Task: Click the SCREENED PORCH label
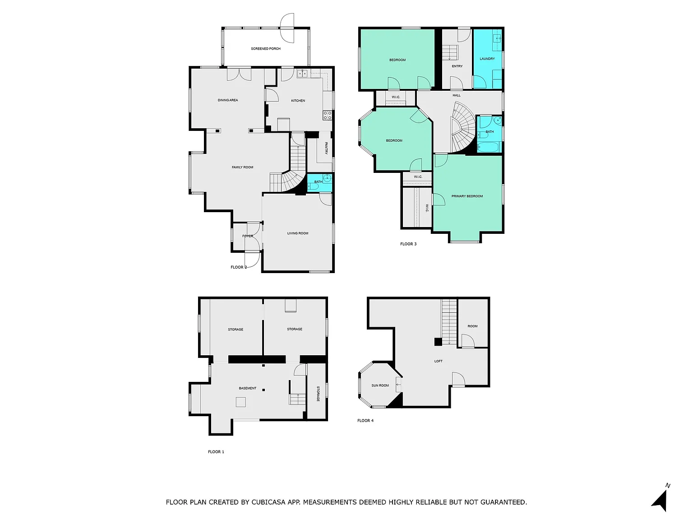(x=266, y=49)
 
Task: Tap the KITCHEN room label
(x=298, y=101)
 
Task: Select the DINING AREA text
(x=228, y=100)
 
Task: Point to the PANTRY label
(x=326, y=148)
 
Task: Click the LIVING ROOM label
(x=298, y=233)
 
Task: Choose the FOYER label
(x=248, y=236)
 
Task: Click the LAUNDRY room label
(x=487, y=59)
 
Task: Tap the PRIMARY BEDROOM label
(x=467, y=196)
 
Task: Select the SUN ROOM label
(x=380, y=385)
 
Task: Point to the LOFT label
(x=438, y=361)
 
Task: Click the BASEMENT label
(x=248, y=388)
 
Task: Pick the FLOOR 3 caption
(x=408, y=244)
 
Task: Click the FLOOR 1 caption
(x=216, y=452)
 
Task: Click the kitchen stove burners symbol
(x=328, y=116)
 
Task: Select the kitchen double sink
(x=302, y=74)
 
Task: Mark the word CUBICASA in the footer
(x=268, y=502)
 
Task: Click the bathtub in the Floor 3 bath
(x=489, y=147)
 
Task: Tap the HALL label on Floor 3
(x=457, y=95)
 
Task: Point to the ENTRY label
(x=457, y=66)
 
